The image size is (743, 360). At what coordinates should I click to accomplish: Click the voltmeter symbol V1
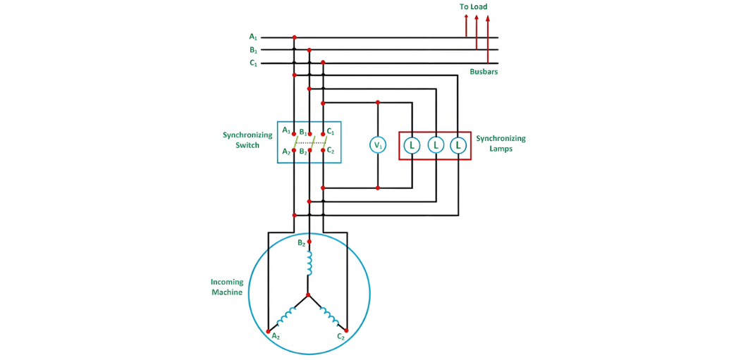(x=378, y=145)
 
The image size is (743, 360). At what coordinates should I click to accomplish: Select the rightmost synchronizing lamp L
(x=458, y=145)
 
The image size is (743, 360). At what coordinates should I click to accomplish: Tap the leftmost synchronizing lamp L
(x=412, y=145)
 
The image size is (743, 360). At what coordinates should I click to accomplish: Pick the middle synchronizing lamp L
(x=436, y=145)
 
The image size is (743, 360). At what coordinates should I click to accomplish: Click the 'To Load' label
(x=473, y=7)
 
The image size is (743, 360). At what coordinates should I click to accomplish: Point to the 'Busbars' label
(x=484, y=72)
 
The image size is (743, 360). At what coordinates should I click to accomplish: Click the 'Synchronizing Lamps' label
(x=501, y=143)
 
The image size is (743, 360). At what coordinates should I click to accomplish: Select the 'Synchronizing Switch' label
(x=247, y=139)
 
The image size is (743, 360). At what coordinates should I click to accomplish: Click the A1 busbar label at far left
(x=253, y=37)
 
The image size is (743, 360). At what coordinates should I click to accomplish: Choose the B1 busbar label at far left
(x=253, y=50)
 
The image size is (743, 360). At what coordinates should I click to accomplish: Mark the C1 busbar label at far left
(x=253, y=63)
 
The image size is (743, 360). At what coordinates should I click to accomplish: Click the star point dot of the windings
(x=308, y=294)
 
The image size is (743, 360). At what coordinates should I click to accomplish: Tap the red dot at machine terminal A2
(x=268, y=330)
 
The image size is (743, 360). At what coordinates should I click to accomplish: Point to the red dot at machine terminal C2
(x=348, y=330)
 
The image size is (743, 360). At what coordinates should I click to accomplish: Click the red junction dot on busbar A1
(x=294, y=37)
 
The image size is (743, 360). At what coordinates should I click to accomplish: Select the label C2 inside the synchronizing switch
(x=331, y=151)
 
